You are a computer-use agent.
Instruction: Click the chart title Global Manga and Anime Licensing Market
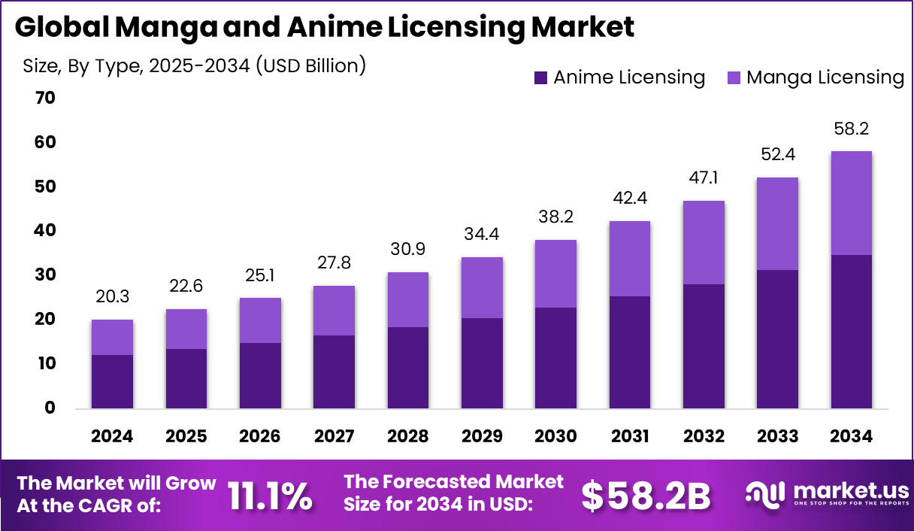pos(324,27)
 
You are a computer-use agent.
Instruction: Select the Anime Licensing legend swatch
pos(540,77)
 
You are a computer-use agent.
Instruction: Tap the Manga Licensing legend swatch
pos(734,77)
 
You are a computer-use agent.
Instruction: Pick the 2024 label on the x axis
pos(112,437)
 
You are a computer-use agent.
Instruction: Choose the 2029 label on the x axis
pos(482,437)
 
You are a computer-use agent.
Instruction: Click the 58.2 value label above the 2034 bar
pos(852,129)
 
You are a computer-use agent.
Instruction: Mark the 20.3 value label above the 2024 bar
pos(112,298)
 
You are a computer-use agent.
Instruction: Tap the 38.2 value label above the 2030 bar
pos(555,218)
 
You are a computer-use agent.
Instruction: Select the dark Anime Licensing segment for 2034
pos(852,332)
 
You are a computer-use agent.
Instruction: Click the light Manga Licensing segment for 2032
pos(704,242)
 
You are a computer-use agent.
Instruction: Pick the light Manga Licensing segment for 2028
pos(408,299)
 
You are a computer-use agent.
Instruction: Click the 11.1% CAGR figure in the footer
pos(270,496)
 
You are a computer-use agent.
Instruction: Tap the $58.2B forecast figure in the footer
pos(646,496)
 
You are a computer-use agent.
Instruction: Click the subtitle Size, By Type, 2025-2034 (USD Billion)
pos(194,66)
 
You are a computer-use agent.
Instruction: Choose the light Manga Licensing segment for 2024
pos(112,337)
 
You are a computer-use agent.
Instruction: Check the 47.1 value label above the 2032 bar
pos(704,179)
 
